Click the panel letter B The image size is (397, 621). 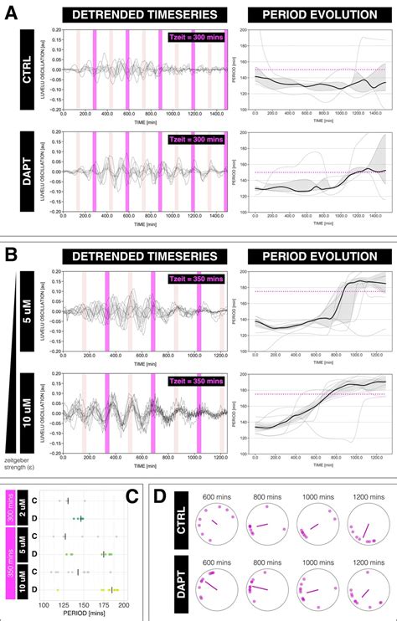click(x=14, y=250)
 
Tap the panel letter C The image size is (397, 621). click(x=131, y=495)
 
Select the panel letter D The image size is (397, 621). click(x=161, y=495)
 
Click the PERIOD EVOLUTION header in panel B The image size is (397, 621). click(x=318, y=252)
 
